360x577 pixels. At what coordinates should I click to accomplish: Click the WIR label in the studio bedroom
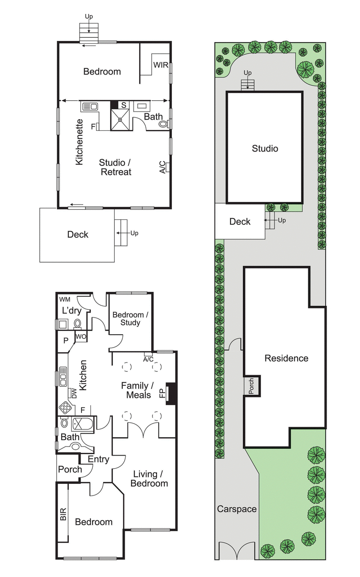[161, 65]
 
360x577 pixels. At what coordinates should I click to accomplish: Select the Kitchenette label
[80, 142]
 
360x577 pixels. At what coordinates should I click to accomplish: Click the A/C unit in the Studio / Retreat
[166, 167]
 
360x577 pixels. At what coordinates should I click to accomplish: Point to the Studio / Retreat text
[115, 167]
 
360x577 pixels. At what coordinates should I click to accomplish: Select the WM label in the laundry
[65, 300]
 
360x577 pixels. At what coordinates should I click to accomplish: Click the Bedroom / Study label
[128, 318]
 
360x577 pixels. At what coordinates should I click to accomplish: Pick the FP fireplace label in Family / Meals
[162, 394]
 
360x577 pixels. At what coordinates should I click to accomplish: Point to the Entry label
[98, 459]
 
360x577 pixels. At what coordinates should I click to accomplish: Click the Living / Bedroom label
[149, 479]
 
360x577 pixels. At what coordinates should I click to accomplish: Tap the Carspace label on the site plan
[237, 509]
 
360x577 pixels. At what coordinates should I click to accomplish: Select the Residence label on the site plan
[286, 358]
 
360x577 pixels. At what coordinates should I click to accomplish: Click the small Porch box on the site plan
[251, 386]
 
